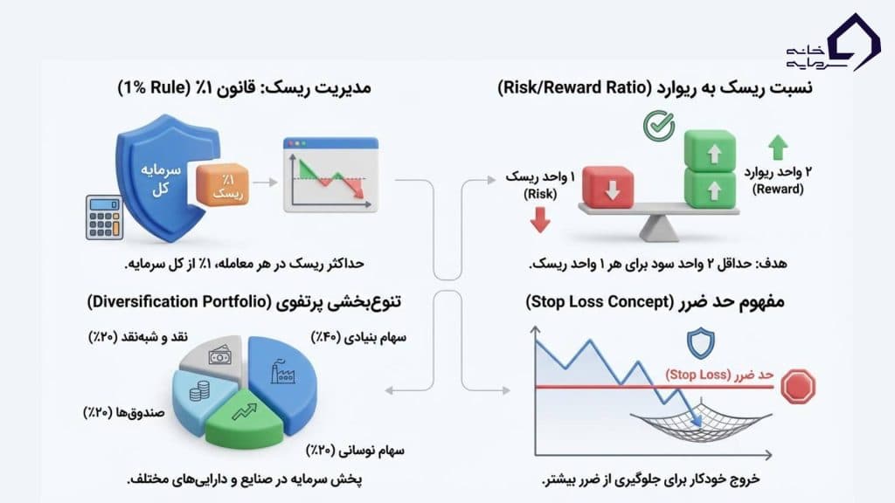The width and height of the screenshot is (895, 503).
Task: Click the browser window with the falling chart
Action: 330,176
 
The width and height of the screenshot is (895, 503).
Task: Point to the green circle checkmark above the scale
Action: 657,127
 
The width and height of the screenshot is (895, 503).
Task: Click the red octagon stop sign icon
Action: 798,386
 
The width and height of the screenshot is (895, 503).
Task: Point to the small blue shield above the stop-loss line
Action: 700,343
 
